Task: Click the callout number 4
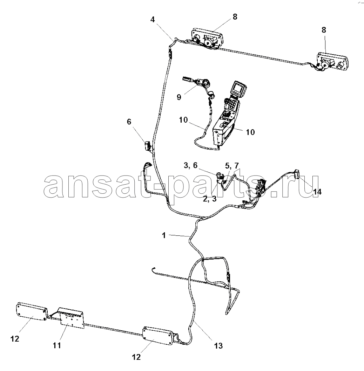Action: click(x=153, y=20)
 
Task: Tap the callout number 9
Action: click(x=179, y=97)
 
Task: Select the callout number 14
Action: click(x=317, y=192)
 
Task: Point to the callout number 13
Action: click(x=218, y=346)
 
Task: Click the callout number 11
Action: click(x=57, y=345)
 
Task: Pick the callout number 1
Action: click(x=164, y=235)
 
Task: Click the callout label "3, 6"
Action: click(x=191, y=165)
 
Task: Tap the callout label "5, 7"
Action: click(x=232, y=166)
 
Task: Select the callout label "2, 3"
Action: click(x=210, y=199)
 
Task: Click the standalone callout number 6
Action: click(x=129, y=122)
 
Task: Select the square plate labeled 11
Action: click(x=72, y=318)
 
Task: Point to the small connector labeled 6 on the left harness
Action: click(x=147, y=145)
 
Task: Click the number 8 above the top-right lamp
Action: click(x=324, y=30)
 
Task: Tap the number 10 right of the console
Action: click(x=250, y=132)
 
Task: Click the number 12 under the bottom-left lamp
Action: click(x=15, y=339)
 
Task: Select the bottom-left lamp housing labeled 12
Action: click(x=32, y=311)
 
